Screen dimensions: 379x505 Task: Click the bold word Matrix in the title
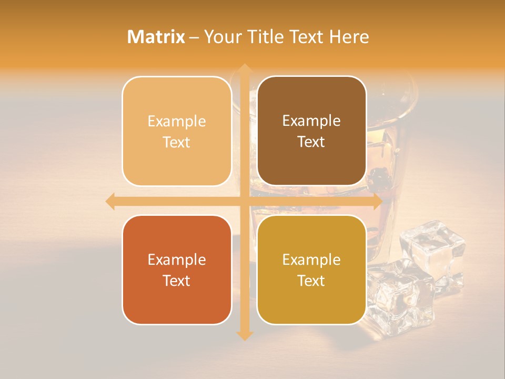click(156, 37)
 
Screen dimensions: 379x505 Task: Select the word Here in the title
click(349, 37)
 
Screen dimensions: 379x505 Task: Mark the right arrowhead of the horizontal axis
click(377, 202)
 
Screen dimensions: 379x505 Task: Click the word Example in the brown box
click(311, 121)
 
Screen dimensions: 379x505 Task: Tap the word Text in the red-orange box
click(176, 281)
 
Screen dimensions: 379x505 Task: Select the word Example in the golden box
click(311, 260)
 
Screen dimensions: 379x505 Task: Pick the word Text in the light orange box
click(176, 142)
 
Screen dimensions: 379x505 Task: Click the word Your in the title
click(221, 37)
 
